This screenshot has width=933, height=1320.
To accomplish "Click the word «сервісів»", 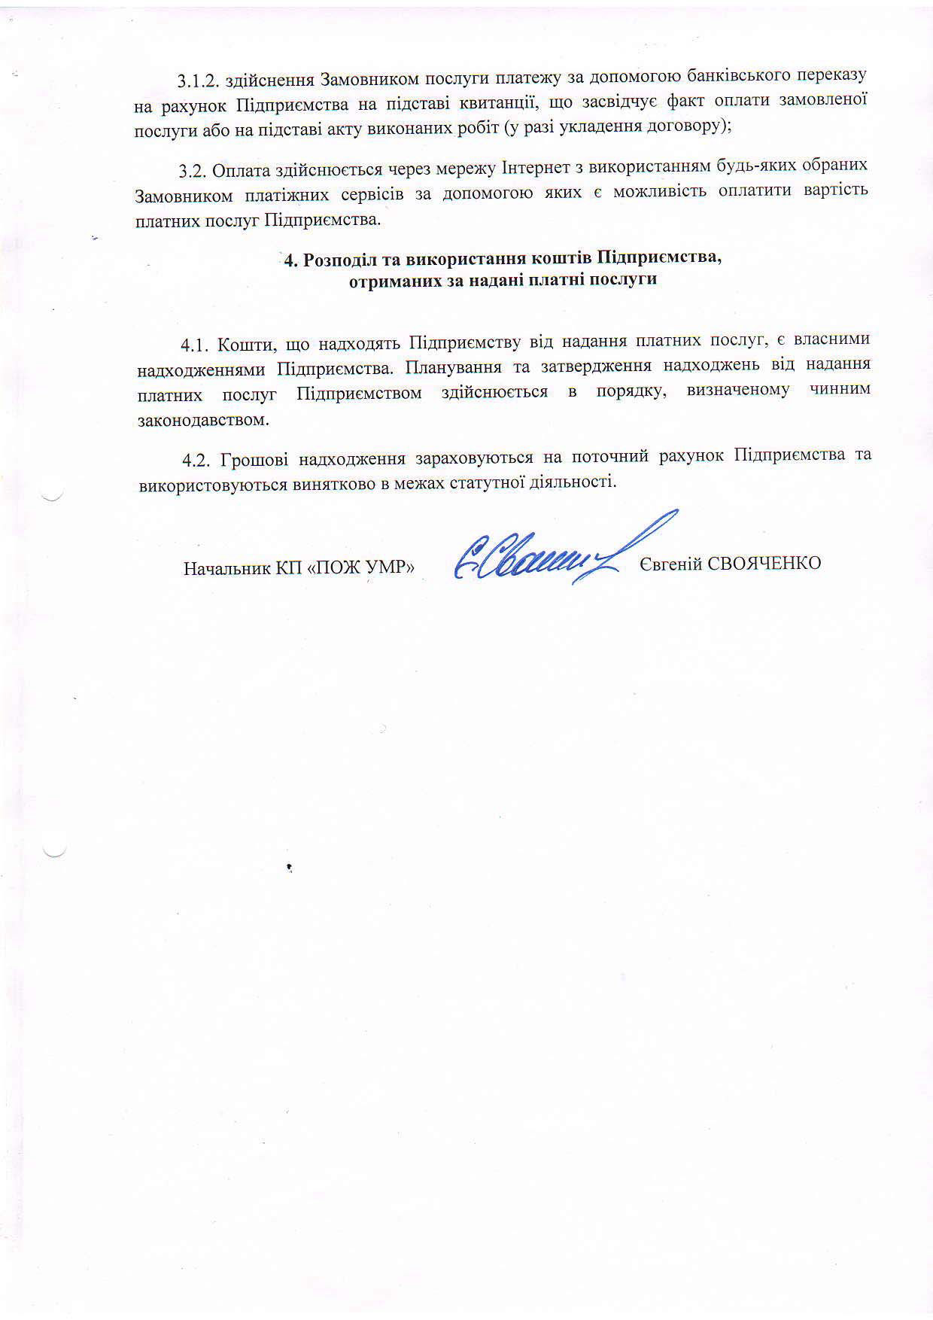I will coord(366,194).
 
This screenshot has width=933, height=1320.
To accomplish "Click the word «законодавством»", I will coord(203,420).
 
